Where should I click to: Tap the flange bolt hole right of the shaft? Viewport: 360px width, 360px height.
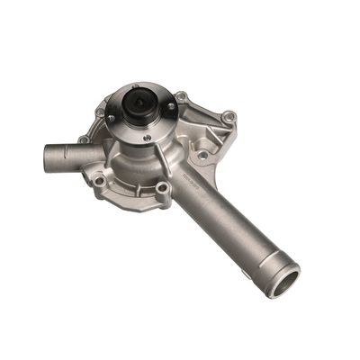(169, 107)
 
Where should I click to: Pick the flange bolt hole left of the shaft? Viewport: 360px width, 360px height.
(112, 118)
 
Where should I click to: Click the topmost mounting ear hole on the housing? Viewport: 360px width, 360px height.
(181, 96)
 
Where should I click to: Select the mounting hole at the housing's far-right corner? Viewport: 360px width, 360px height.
(228, 117)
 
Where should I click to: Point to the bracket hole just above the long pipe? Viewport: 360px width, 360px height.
(202, 155)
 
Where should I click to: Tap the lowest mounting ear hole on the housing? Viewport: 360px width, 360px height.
(162, 188)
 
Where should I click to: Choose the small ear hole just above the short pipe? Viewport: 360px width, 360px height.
(85, 139)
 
